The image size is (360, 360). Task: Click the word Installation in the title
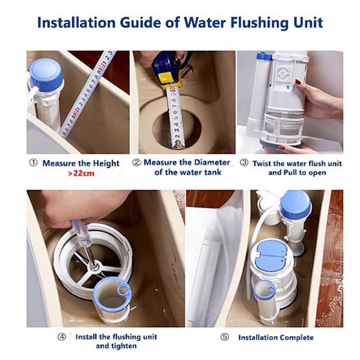click(x=76, y=23)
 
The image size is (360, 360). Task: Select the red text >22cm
click(x=81, y=173)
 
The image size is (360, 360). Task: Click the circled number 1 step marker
click(x=33, y=163)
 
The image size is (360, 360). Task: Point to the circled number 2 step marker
click(x=136, y=162)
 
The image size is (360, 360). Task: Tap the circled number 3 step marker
click(x=244, y=162)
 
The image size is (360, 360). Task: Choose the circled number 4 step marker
click(x=62, y=337)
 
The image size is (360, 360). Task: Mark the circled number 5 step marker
click(x=225, y=337)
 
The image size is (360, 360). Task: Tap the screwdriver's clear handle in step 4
click(x=81, y=233)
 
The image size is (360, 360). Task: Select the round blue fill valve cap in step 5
click(x=296, y=205)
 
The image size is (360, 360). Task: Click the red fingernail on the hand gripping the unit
click(x=298, y=82)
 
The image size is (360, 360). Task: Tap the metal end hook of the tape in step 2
click(x=178, y=144)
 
